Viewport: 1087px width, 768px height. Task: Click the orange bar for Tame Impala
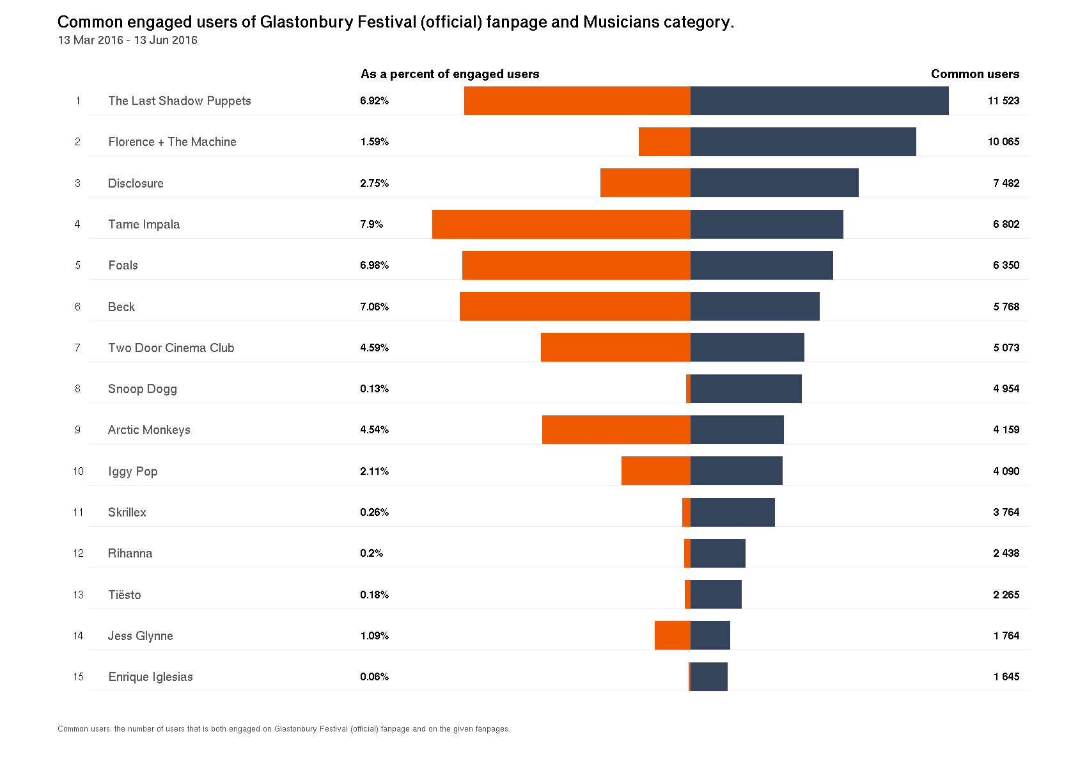click(x=561, y=224)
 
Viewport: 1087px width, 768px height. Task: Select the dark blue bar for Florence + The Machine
click(x=803, y=141)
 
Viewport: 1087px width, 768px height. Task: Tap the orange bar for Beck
click(x=575, y=306)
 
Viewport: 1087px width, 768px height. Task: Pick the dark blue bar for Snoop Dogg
click(x=746, y=388)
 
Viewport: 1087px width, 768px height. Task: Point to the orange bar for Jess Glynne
click(x=672, y=635)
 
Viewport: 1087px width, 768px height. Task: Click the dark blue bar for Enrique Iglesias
click(x=709, y=676)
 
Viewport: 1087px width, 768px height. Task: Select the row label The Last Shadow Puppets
click(x=180, y=100)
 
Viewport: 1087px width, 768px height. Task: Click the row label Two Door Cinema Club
click(x=171, y=348)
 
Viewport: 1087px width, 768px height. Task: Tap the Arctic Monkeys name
click(x=149, y=429)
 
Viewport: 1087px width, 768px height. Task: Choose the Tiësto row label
click(x=125, y=595)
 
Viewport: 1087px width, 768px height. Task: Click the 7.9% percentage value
click(x=371, y=224)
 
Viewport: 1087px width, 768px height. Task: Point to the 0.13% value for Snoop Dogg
click(x=374, y=388)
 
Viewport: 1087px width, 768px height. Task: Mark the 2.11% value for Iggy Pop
click(x=374, y=471)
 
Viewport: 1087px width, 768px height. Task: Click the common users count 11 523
click(x=1003, y=100)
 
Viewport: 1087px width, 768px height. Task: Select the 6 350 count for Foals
click(x=1006, y=265)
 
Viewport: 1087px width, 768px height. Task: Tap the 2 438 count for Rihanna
click(x=1006, y=553)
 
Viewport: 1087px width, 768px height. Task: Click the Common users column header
click(x=975, y=74)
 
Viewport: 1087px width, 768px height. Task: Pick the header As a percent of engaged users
click(x=450, y=74)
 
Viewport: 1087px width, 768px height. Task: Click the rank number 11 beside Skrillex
click(x=78, y=512)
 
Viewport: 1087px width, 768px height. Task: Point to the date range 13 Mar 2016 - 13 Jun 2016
click(x=127, y=40)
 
